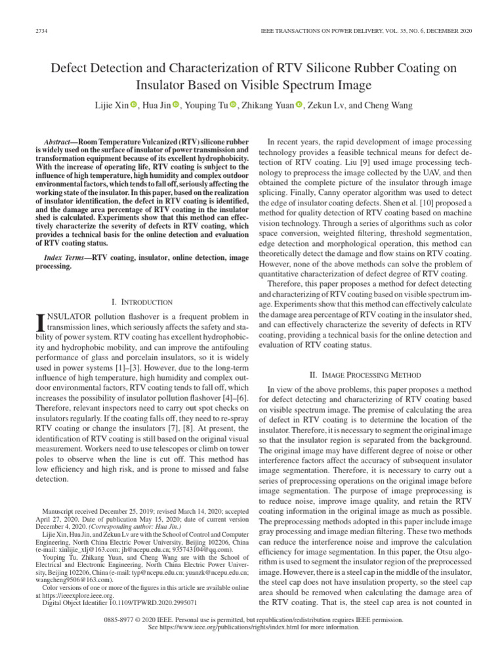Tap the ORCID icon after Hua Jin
176,105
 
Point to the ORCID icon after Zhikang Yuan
300,105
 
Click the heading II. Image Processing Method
365,375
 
